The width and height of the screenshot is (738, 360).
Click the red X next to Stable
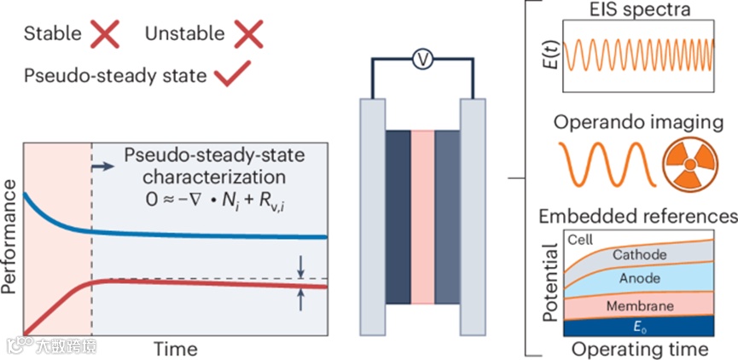click(106, 35)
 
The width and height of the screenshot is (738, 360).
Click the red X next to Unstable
click(248, 35)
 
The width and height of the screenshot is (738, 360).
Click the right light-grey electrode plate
click(473, 218)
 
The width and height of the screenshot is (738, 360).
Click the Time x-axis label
click(176, 348)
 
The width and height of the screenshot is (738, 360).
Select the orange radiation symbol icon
click(689, 163)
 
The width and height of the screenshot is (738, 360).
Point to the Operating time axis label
click(640, 349)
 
